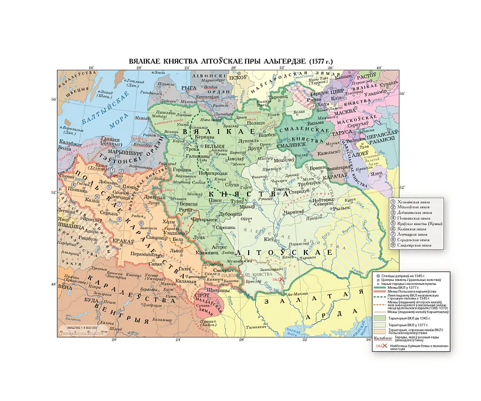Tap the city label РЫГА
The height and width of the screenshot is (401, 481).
[x=189, y=87]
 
